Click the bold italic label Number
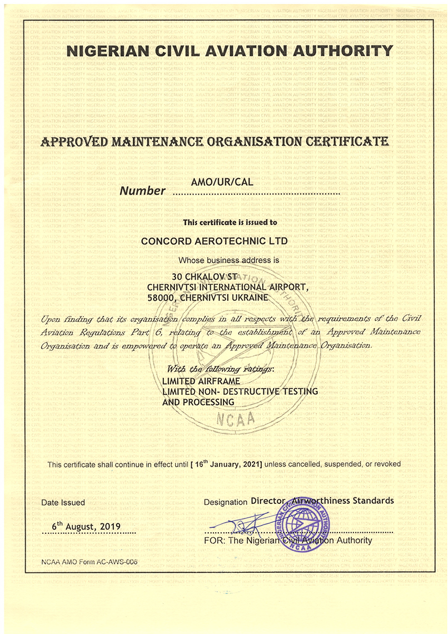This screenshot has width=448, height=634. click(143, 191)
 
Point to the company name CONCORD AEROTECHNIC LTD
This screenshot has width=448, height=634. click(214, 241)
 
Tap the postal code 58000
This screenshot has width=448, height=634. click(161, 298)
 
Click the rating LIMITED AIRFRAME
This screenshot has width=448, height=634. click(201, 381)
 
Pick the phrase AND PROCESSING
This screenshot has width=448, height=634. click(198, 402)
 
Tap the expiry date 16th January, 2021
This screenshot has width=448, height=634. click(226, 463)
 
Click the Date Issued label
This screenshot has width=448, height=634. click(63, 502)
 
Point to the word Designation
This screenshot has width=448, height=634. click(225, 502)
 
